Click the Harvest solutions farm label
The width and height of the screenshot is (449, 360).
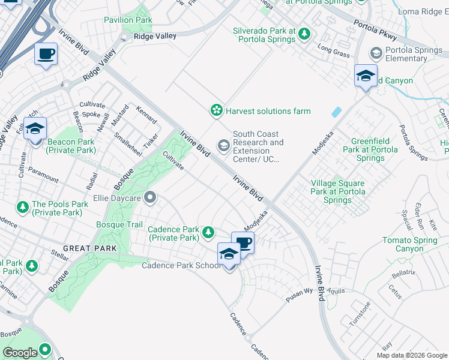268,111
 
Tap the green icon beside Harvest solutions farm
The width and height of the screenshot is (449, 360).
215,110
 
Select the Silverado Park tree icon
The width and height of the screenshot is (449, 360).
305,32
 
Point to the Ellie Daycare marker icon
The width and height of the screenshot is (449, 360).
150,197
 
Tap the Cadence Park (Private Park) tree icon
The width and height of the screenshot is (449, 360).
208,232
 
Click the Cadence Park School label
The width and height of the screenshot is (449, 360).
181,266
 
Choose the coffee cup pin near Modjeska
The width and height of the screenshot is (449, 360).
243,242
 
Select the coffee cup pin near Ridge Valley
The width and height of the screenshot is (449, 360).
46,55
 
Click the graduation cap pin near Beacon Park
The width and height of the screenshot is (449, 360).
35,128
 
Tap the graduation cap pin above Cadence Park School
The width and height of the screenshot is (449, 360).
229,254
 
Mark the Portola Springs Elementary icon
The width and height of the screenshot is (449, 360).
376,54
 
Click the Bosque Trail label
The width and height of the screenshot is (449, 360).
119,225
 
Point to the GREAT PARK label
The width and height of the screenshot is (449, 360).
85,248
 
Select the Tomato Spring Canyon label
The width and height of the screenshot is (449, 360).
411,244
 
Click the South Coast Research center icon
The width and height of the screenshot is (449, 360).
223,146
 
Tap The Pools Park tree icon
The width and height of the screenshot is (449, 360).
23,208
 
